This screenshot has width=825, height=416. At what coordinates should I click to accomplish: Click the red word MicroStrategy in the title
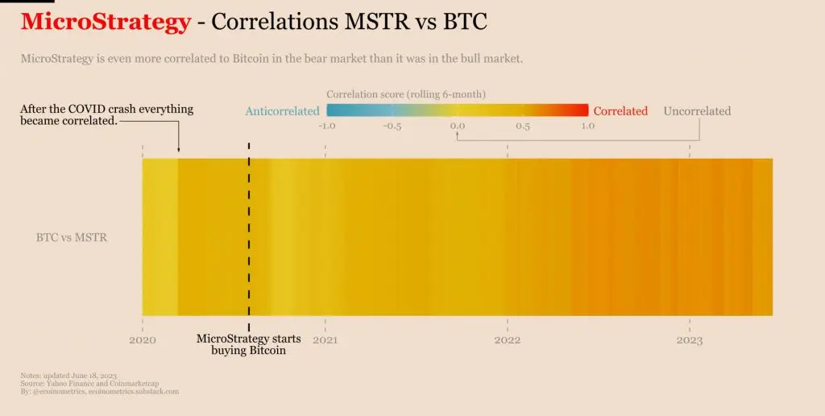pyautogui.click(x=106, y=22)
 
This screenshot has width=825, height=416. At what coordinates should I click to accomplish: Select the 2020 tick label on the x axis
pyautogui.click(x=143, y=340)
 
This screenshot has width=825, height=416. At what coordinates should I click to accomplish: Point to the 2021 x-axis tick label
pyautogui.click(x=325, y=340)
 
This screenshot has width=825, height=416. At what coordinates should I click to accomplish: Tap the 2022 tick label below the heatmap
pyautogui.click(x=508, y=340)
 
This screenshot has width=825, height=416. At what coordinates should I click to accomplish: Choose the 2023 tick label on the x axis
pyautogui.click(x=690, y=340)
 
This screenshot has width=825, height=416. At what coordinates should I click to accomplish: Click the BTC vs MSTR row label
pyautogui.click(x=72, y=238)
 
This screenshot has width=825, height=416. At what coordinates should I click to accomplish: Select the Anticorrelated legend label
pyautogui.click(x=282, y=111)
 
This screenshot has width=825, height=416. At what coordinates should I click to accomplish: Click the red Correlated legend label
pyautogui.click(x=620, y=111)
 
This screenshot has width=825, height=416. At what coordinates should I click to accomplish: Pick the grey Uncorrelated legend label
pyautogui.click(x=697, y=111)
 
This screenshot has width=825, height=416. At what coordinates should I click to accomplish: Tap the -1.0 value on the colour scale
pyautogui.click(x=326, y=126)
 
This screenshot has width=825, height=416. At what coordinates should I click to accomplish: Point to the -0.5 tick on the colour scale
pyautogui.click(x=392, y=126)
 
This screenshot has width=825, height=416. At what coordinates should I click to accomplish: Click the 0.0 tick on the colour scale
pyautogui.click(x=458, y=126)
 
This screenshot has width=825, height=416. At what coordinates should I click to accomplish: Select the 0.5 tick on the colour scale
pyautogui.click(x=523, y=126)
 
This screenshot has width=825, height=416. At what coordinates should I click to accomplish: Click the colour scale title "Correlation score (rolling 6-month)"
pyautogui.click(x=406, y=94)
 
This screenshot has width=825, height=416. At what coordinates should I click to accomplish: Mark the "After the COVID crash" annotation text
pyautogui.click(x=106, y=114)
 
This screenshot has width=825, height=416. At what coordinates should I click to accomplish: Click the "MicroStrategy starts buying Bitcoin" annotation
pyautogui.click(x=249, y=344)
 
